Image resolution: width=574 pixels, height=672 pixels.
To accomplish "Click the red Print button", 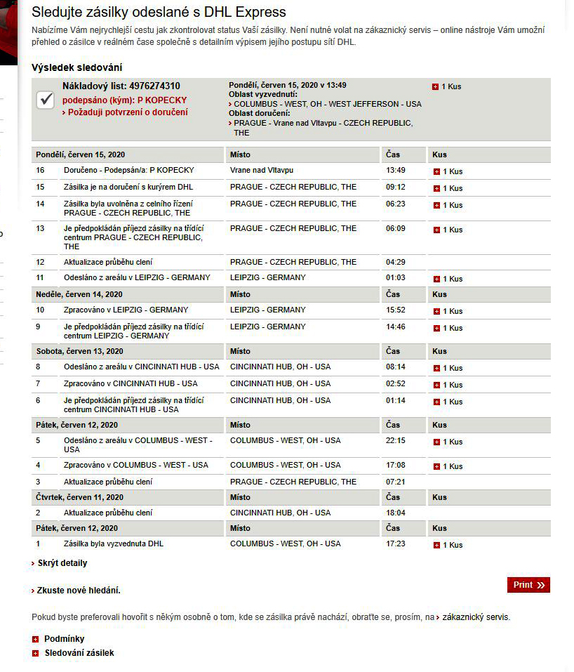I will pos(528,585).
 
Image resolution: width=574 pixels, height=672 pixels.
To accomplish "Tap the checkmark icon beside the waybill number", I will pos(46,100).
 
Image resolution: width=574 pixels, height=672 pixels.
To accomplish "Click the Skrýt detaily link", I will pos(62,563).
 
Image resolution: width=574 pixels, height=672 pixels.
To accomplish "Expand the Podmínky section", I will pos(63,639).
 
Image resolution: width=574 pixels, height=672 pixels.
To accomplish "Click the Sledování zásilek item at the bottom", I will pos(78,653).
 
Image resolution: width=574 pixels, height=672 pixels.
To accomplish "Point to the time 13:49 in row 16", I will pos(395,171).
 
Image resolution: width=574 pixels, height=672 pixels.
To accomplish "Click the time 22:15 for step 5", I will pos(395,441).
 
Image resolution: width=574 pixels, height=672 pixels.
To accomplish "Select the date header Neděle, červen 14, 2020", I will pos(79,294).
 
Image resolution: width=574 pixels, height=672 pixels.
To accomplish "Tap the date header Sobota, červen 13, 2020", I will pos(79,351).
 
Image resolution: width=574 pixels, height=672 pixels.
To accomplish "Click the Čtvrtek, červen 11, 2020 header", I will pos(79,497).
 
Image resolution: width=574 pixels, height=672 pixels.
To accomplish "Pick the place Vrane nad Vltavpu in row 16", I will pos(261,171).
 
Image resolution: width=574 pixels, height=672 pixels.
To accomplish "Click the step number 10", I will pos(40,310).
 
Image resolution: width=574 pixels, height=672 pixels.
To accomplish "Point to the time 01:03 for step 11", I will pos(395,278).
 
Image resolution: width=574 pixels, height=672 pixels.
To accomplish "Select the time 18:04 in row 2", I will pos(395,513).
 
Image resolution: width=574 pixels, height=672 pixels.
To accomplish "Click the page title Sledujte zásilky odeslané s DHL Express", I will pos(159,12).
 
